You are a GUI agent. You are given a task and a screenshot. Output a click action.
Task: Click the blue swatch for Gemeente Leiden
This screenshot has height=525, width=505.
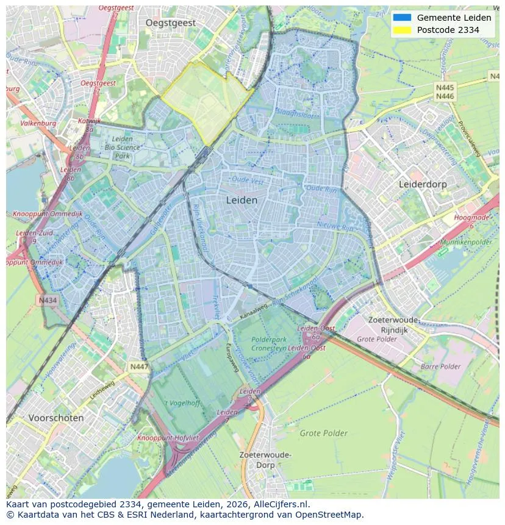click(x=403, y=18)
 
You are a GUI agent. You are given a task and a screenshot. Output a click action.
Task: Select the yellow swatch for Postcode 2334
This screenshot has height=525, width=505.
click(x=403, y=30)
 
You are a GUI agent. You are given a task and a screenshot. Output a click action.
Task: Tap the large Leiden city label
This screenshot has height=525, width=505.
click(x=242, y=200)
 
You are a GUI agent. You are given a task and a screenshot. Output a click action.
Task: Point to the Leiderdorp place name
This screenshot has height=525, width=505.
click(x=423, y=184)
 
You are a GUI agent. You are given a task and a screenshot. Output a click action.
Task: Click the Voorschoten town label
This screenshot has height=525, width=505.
click(x=56, y=418)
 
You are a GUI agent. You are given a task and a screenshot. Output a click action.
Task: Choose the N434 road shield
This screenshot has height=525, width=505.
click(x=48, y=301)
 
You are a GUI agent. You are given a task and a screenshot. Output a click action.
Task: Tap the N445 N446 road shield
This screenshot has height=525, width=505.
click(x=445, y=92)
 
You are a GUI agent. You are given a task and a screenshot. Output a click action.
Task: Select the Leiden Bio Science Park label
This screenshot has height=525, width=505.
click(x=122, y=147)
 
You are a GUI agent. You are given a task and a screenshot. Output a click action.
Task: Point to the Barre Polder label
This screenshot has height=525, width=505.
click(x=440, y=366)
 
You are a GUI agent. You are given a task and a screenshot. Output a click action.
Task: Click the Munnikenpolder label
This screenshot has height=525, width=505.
click(x=470, y=242)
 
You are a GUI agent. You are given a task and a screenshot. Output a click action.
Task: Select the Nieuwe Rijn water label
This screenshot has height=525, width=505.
click(x=335, y=227)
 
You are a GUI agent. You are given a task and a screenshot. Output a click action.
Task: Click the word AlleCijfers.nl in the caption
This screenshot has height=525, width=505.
click(x=280, y=505)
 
